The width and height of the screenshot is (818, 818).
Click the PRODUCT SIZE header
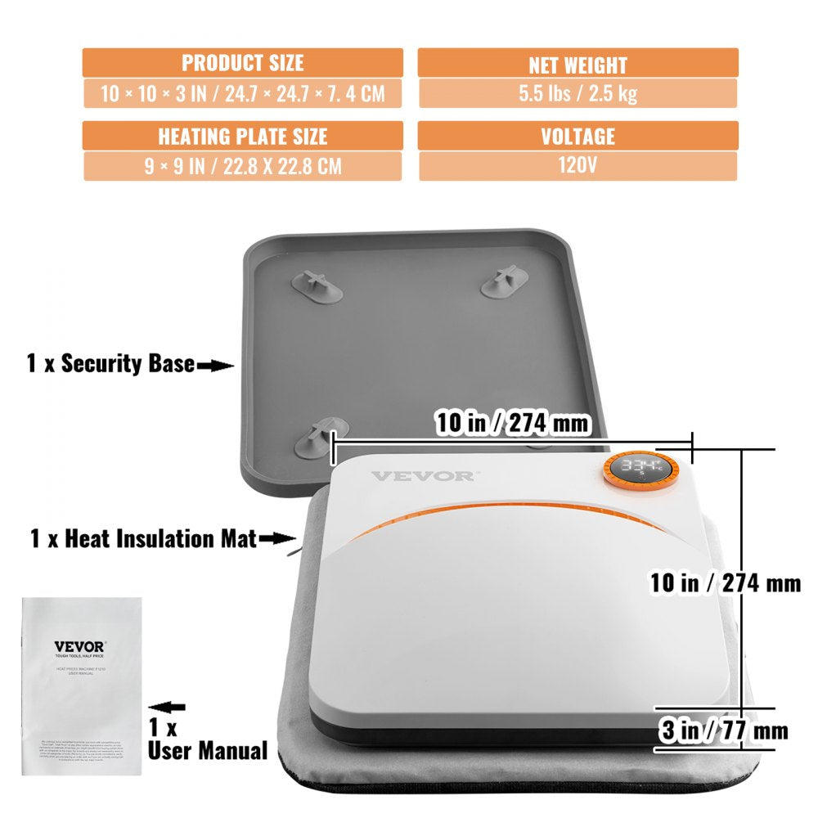coord(242,62)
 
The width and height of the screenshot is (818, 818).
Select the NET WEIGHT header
coord(578,63)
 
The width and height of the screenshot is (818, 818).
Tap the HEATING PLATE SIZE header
coord(242,136)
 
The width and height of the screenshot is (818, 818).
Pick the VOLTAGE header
coord(578,136)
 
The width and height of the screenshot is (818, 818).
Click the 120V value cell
coord(578,165)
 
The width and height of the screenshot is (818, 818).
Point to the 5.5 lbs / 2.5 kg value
coord(578,93)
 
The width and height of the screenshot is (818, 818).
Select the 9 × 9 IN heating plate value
coord(242,166)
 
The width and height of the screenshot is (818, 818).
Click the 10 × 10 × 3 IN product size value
coord(242,93)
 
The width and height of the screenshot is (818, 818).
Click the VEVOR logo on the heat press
coord(421,475)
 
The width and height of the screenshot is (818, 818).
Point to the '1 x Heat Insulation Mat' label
coord(143,538)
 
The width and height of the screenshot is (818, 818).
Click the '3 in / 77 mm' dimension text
coord(724,730)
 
